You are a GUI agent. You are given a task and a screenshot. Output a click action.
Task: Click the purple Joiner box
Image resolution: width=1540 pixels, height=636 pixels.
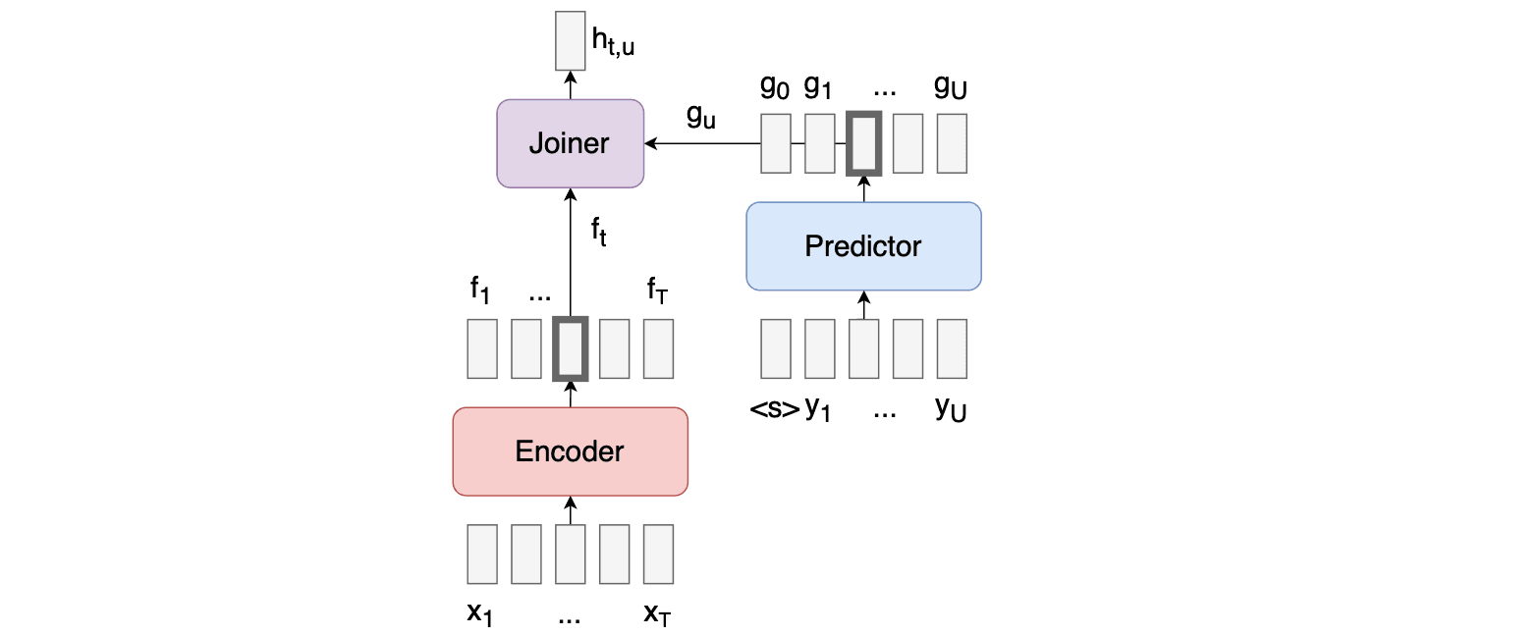pos(570,143)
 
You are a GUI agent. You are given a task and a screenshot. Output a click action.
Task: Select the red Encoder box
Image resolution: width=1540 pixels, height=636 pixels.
pos(570,451)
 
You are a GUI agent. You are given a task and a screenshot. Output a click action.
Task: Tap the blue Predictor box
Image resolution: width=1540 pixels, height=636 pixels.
pos(863,245)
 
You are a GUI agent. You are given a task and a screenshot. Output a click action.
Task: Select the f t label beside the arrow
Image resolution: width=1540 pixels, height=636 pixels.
pos(598,234)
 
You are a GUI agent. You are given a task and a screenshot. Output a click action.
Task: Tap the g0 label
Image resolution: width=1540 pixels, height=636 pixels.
pos(774,87)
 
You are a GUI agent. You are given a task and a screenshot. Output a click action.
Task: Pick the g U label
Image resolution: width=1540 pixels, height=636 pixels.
pos(951,87)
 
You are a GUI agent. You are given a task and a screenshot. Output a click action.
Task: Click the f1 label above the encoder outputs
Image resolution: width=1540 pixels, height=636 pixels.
pos(480,291)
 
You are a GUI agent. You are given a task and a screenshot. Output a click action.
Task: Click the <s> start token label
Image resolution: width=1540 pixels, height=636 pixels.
pos(775,409)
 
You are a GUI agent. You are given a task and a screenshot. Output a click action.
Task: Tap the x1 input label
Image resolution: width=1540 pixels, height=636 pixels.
pos(480,615)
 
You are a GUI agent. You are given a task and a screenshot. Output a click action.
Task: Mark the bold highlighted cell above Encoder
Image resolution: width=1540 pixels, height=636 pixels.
pos(570,348)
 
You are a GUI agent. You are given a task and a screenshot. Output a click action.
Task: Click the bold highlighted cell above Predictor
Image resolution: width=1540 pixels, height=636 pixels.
pos(864,143)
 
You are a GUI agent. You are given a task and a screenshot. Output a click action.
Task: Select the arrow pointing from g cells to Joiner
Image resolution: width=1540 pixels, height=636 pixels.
pos(701,144)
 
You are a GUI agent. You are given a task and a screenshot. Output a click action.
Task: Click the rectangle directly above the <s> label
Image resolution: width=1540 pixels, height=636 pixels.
pos(776,348)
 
